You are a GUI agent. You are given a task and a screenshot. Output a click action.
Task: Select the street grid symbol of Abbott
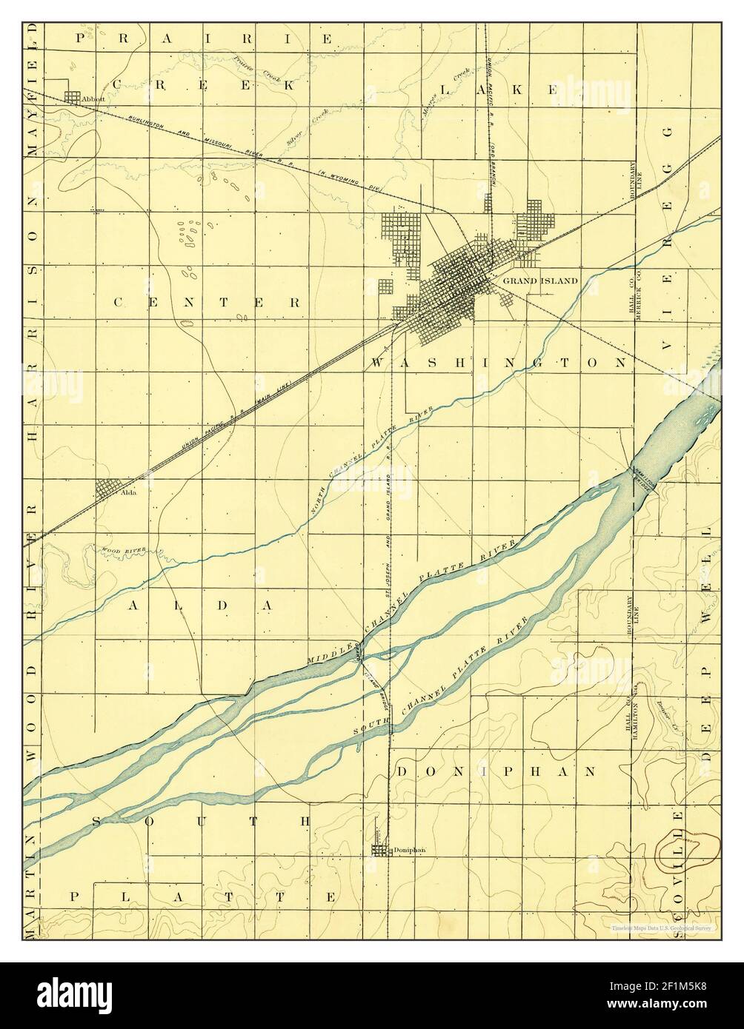[73, 97]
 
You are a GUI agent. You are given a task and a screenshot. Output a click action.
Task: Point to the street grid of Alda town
[109, 489]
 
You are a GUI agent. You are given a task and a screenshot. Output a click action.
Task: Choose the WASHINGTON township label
[497, 363]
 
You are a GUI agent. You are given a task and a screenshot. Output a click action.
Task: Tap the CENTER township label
[207, 302]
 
